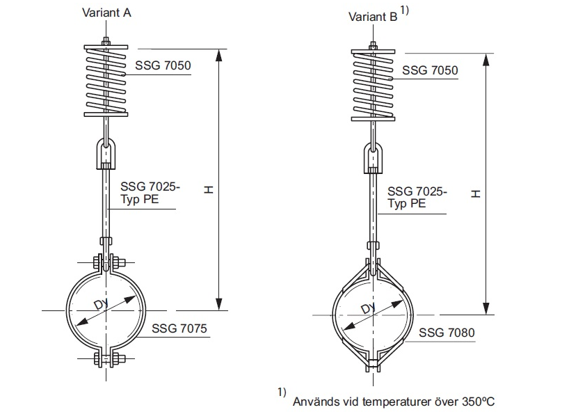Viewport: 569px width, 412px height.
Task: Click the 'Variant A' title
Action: click(x=106, y=12)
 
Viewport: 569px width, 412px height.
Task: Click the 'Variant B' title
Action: click(x=373, y=16)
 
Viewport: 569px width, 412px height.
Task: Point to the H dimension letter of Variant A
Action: click(x=209, y=189)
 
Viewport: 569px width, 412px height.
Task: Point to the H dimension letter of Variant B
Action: click(x=476, y=193)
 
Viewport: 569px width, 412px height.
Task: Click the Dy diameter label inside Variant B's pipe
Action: click(x=367, y=309)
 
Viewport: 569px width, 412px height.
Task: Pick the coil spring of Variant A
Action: click(x=106, y=81)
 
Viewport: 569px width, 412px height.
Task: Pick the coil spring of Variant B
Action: click(x=373, y=85)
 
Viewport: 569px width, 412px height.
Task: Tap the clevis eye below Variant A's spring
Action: click(x=106, y=152)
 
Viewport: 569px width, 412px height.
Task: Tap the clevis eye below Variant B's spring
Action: click(x=374, y=157)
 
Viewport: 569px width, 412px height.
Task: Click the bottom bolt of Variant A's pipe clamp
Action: click(x=106, y=360)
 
